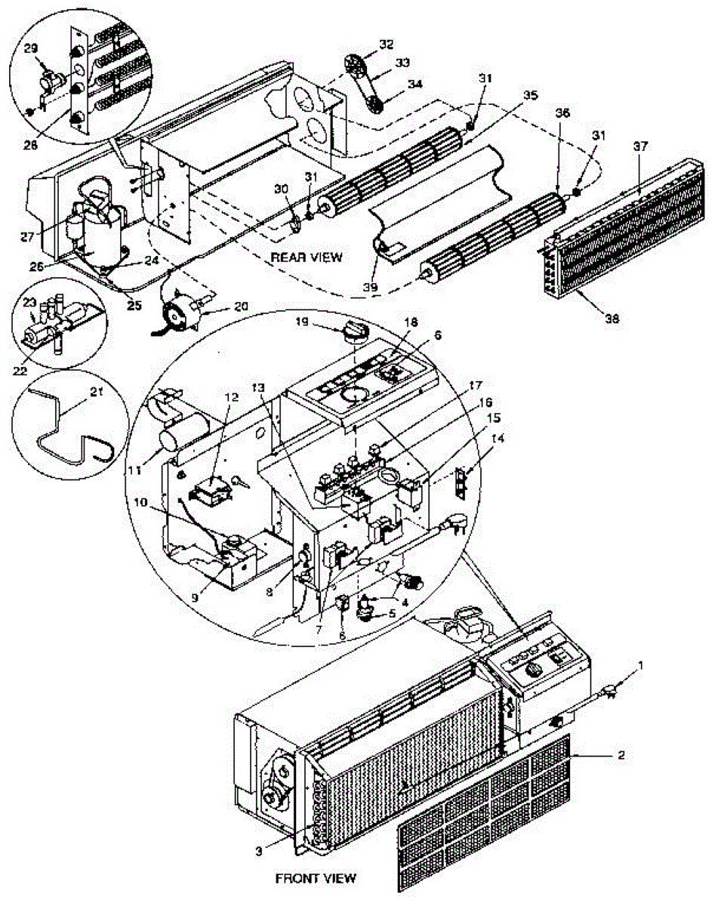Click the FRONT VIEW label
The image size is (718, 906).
(315, 878)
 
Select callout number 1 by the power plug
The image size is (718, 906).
(641, 664)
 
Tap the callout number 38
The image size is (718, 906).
(612, 319)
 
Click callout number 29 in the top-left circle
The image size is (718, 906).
(31, 47)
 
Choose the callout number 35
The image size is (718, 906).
(531, 95)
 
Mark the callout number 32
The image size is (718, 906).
(387, 45)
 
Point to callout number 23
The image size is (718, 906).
(29, 303)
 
